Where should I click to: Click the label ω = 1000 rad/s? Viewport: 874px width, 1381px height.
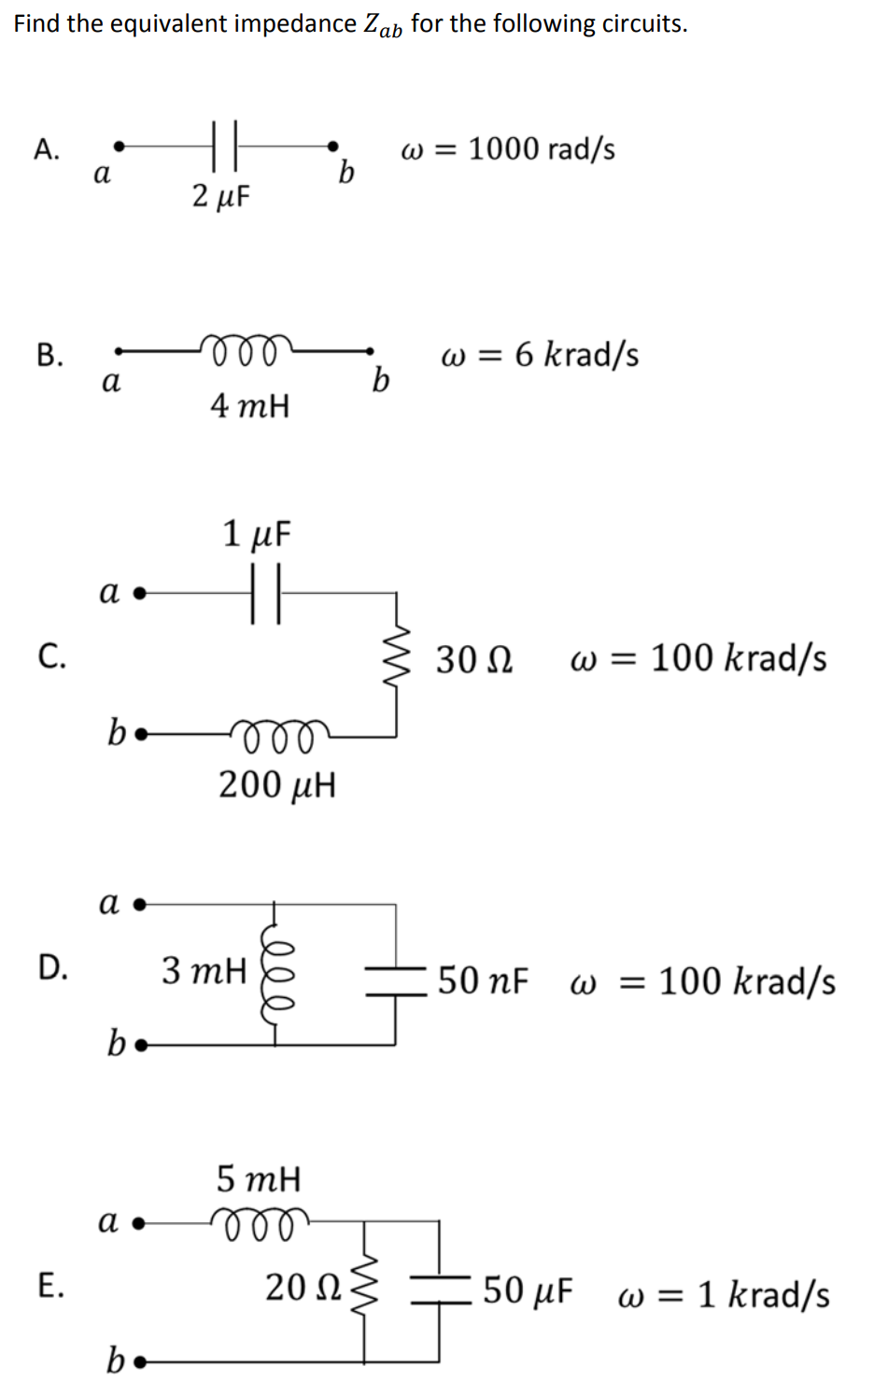[508, 149]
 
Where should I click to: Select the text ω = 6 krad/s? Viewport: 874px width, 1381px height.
[540, 356]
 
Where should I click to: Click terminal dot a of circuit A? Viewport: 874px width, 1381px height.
[118, 146]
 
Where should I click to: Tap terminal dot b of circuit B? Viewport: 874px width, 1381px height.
[372, 352]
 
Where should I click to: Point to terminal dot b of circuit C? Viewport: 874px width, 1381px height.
[140, 735]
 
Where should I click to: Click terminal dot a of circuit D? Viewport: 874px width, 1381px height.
[140, 904]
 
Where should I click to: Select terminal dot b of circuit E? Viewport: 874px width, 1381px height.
[140, 1363]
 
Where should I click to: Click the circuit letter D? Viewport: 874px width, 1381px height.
[52, 968]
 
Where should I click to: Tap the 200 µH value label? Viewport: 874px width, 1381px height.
[277, 785]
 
